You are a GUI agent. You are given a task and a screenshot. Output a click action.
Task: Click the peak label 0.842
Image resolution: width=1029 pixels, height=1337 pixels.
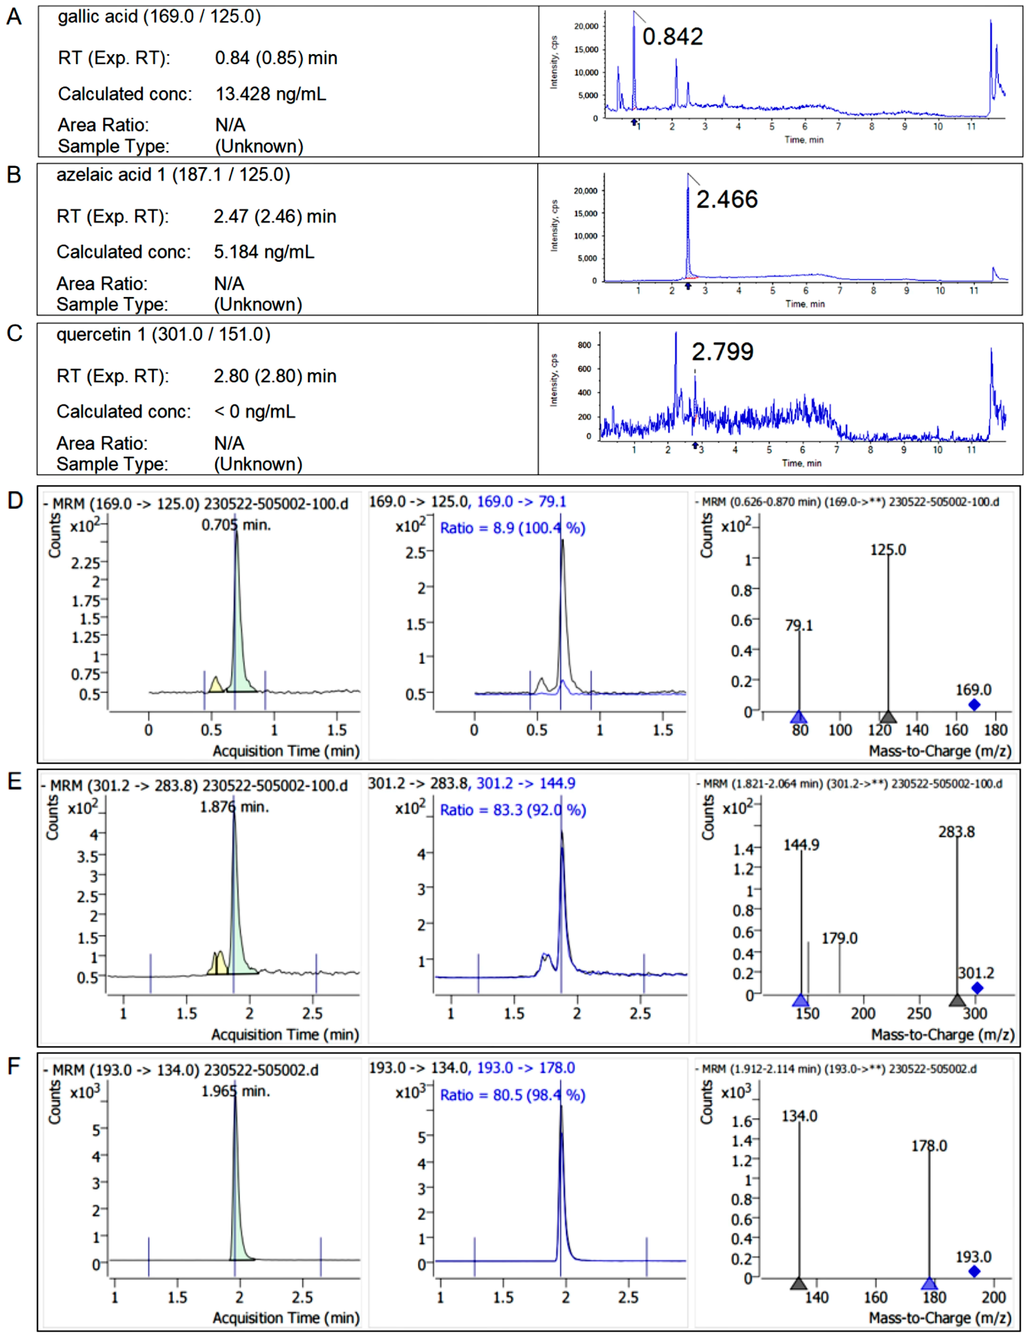pos(672,37)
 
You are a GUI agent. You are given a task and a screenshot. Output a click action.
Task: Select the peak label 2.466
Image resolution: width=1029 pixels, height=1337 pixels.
pos(727,200)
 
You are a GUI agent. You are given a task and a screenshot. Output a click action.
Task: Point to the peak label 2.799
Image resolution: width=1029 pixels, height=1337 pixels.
pos(722,352)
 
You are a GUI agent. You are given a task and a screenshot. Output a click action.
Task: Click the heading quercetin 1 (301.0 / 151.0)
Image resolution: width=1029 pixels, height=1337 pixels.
pos(164,334)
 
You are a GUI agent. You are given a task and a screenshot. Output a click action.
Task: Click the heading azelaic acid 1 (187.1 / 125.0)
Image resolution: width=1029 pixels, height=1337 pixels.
pos(173,175)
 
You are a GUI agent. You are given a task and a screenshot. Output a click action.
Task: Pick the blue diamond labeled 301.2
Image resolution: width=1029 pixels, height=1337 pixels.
pos(977,988)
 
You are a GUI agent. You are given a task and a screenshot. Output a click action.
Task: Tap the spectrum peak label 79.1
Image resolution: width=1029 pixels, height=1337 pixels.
pos(799,625)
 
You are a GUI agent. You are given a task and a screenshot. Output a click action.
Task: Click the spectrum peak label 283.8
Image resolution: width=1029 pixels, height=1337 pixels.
pos(956,832)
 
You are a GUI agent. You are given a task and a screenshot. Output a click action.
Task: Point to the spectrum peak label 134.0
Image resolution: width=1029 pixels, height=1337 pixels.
pos(799,1116)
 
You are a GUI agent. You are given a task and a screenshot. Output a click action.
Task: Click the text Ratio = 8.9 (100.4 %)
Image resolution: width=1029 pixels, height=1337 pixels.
pos(512,528)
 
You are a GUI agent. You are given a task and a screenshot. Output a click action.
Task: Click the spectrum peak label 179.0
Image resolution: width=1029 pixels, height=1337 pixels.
pos(839,938)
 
